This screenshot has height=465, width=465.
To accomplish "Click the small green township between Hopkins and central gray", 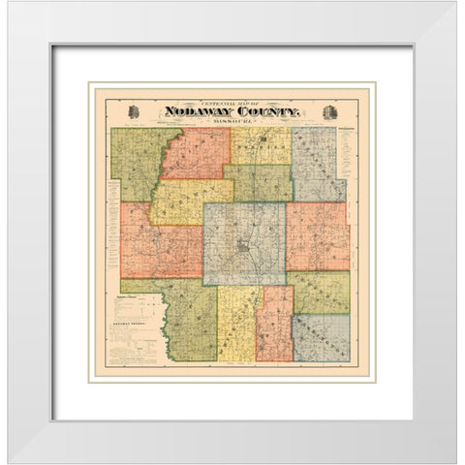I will [x=259, y=182].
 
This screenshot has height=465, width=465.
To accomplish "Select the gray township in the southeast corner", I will [x=321, y=337].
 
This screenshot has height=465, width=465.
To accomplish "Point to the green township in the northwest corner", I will [x=136, y=163].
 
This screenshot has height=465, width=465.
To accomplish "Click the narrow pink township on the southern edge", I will [x=274, y=325].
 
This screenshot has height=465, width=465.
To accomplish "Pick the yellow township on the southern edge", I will [x=236, y=325].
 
